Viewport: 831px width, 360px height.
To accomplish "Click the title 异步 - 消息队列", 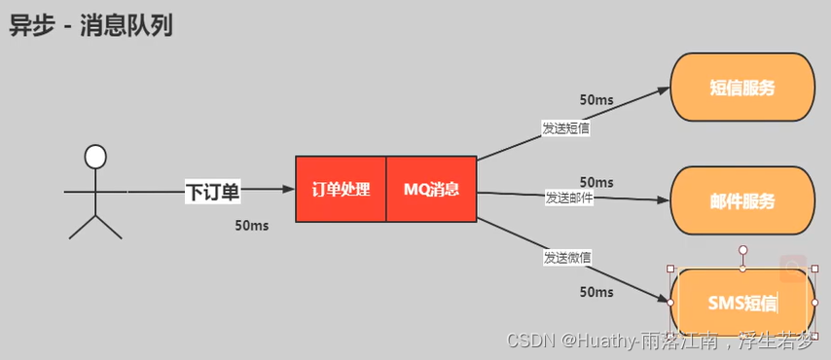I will pos(91,25).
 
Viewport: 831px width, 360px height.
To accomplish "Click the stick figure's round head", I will pos(94,157).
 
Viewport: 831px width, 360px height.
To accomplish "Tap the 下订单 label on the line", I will pos(212,192).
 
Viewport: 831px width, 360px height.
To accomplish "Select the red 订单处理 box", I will pos(341,189).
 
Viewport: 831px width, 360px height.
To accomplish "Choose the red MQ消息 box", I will pos(431,189).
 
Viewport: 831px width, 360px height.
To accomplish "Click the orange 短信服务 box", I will pos(742,88).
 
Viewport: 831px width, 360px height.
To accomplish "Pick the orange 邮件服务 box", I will pos(742,201).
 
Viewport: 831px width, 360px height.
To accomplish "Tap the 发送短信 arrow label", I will pos(565,127).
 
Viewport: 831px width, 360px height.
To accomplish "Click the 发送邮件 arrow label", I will pos(568,198).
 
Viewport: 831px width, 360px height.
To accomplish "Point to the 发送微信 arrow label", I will pos(567,258).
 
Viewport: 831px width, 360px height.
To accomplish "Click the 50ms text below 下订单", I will pos(251,226).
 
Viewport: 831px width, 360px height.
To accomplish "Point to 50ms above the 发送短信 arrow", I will pos(596,99).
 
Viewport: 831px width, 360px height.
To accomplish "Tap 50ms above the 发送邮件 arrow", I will pos(596,182).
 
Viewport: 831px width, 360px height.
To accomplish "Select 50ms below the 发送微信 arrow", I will pos(596,292).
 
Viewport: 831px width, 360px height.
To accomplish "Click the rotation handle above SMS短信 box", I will pos(742,250).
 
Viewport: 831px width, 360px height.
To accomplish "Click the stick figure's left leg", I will pos(82,227).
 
